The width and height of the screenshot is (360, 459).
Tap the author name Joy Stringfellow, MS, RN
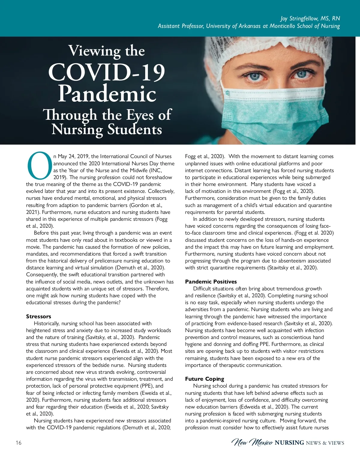click(310, 18)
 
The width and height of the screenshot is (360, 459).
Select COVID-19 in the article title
click(106, 73)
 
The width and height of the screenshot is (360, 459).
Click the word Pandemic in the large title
click(107, 94)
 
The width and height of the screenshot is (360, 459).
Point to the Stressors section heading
click(38, 316)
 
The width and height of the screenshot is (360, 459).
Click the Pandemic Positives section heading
click(211, 282)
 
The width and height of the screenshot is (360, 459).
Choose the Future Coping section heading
click(204, 379)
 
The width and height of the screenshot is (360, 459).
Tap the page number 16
click(19, 443)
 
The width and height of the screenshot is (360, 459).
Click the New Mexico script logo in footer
click(252, 443)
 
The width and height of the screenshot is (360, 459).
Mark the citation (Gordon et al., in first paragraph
click(146, 205)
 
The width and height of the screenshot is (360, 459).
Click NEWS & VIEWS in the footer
click(325, 443)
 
